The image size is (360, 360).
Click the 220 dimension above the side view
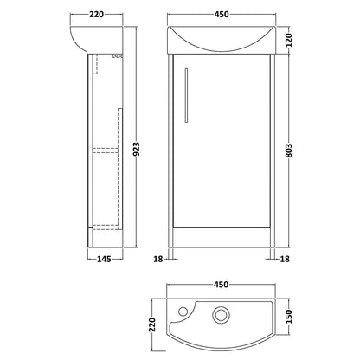[x=96, y=14]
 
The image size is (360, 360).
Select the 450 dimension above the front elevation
[x=222, y=14]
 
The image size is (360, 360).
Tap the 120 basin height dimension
[x=289, y=40]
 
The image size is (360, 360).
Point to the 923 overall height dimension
[x=137, y=149]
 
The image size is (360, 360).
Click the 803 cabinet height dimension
[x=289, y=151]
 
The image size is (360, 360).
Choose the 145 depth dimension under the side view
[x=104, y=259]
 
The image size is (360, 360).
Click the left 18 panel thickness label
[x=158, y=259]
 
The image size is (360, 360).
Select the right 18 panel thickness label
[x=285, y=259]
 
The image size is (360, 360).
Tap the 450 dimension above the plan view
[x=222, y=285]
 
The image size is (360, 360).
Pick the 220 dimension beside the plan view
[x=151, y=325]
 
